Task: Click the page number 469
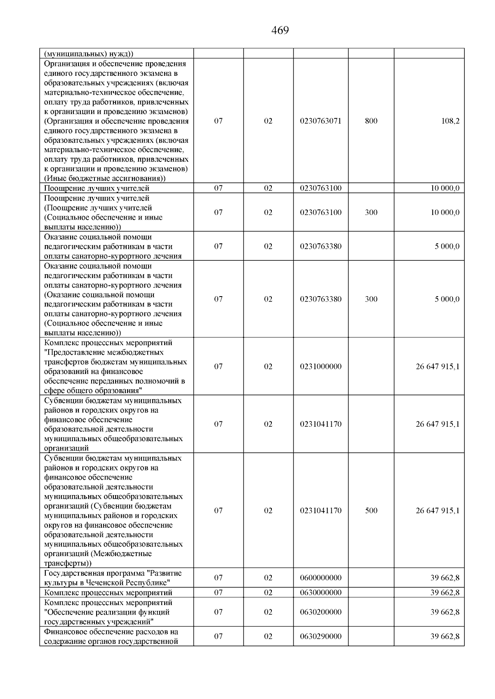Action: (x=280, y=30)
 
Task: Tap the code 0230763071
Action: (x=321, y=121)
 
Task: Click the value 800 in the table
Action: (x=371, y=121)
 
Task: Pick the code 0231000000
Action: (x=321, y=367)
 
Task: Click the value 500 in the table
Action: (x=371, y=511)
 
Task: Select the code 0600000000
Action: (x=321, y=578)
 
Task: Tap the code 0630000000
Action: (x=321, y=593)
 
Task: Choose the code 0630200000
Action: (x=321, y=612)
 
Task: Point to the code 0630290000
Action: (x=321, y=636)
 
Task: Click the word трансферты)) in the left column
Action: (x=68, y=563)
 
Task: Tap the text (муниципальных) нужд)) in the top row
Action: (x=88, y=54)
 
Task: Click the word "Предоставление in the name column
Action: (x=75, y=353)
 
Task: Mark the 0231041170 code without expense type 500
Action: (x=321, y=424)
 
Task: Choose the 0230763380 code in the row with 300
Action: (x=321, y=299)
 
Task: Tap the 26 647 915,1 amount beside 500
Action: (x=437, y=511)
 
